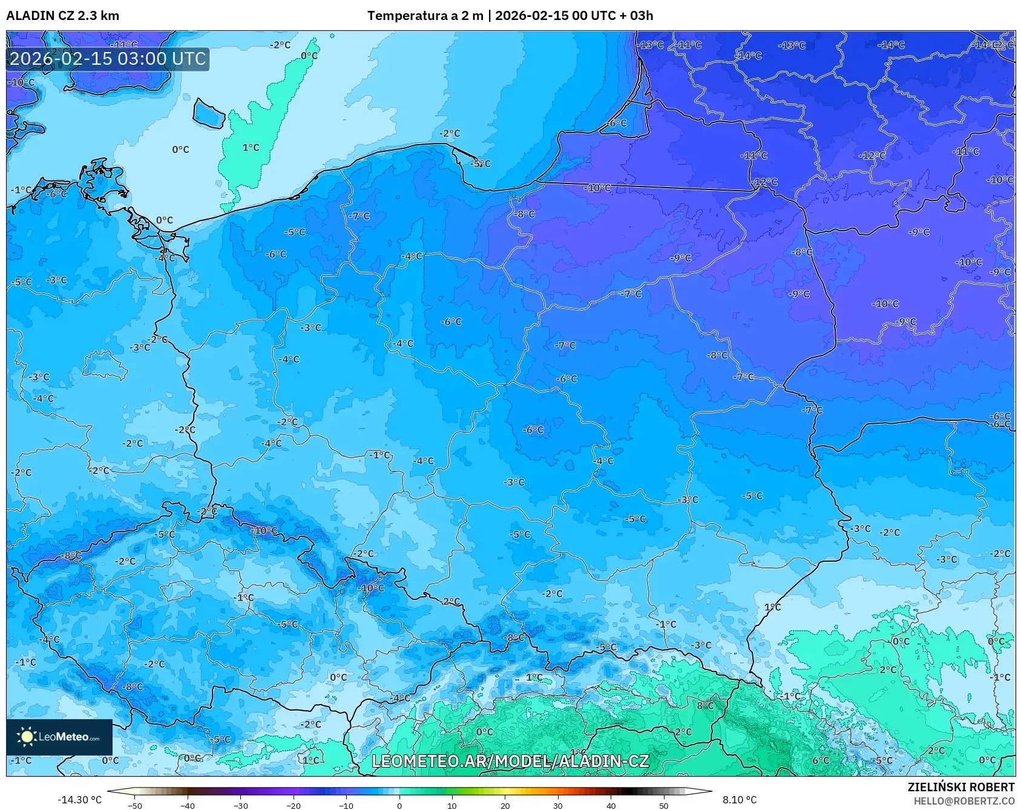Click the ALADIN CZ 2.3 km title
pyautogui.click(x=62, y=16)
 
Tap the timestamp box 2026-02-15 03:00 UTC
pyautogui.click(x=108, y=59)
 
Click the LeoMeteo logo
pyautogui.click(x=59, y=737)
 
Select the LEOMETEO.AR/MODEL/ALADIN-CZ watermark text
pyautogui.click(x=510, y=761)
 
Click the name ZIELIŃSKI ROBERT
pyautogui.click(x=960, y=787)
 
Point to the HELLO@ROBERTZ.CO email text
pyautogui.click(x=964, y=801)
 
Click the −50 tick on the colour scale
pyautogui.click(x=135, y=805)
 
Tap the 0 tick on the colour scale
pyautogui.click(x=399, y=805)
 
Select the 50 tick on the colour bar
pyautogui.click(x=664, y=805)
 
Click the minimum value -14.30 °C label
pyautogui.click(x=79, y=800)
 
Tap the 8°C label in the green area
pyautogui.click(x=705, y=705)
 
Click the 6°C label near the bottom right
pyautogui.click(x=820, y=760)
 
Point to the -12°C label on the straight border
pyautogui.click(x=765, y=182)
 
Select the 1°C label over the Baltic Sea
pyautogui.click(x=251, y=148)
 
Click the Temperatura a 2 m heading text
pyautogui.click(x=425, y=16)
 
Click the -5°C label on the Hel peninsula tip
pyautogui.click(x=481, y=163)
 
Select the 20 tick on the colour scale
pyautogui.click(x=505, y=805)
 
